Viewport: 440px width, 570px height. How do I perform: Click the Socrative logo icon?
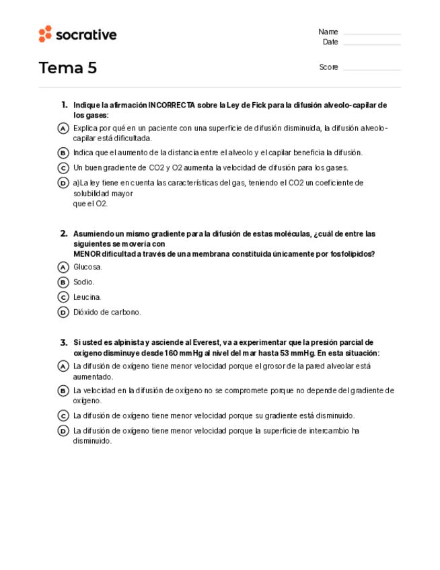[45, 34]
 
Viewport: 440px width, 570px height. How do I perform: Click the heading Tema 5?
[68, 68]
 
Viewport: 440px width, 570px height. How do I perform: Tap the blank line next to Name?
[371, 33]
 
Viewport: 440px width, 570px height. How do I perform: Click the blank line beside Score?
[371, 69]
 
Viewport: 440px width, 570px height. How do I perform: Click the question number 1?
[64, 105]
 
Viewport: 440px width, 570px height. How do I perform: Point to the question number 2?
[64, 234]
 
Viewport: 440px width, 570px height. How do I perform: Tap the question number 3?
[64, 342]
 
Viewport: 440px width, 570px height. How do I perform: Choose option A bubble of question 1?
[63, 128]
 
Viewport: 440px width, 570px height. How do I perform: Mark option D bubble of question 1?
[63, 183]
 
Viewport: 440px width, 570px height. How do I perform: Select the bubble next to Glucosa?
[63, 267]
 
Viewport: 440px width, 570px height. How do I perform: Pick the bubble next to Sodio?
[63, 282]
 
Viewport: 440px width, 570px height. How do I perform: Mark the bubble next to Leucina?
[63, 297]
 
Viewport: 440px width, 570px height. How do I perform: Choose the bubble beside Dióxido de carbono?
[63, 312]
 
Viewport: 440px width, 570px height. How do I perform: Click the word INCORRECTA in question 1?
[172, 106]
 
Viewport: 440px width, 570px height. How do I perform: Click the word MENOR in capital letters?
[87, 254]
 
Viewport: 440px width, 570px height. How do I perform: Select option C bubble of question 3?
[63, 416]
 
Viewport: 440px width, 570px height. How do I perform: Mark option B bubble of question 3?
[63, 391]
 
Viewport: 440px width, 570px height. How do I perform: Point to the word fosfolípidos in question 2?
[353, 254]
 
